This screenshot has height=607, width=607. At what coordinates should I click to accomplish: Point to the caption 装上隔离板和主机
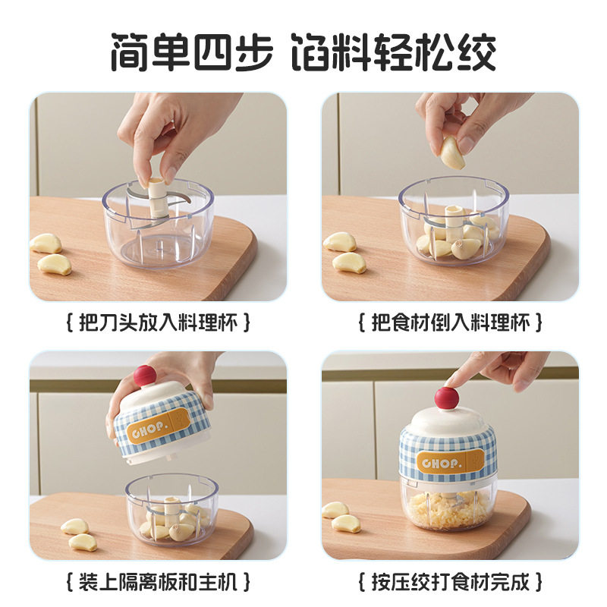pos(159,583)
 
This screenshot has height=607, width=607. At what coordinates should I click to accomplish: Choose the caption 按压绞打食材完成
pos(450,583)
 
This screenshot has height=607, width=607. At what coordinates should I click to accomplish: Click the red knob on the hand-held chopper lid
pos(143,374)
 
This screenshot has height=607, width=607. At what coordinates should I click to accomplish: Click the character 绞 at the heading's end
pos(475,51)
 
